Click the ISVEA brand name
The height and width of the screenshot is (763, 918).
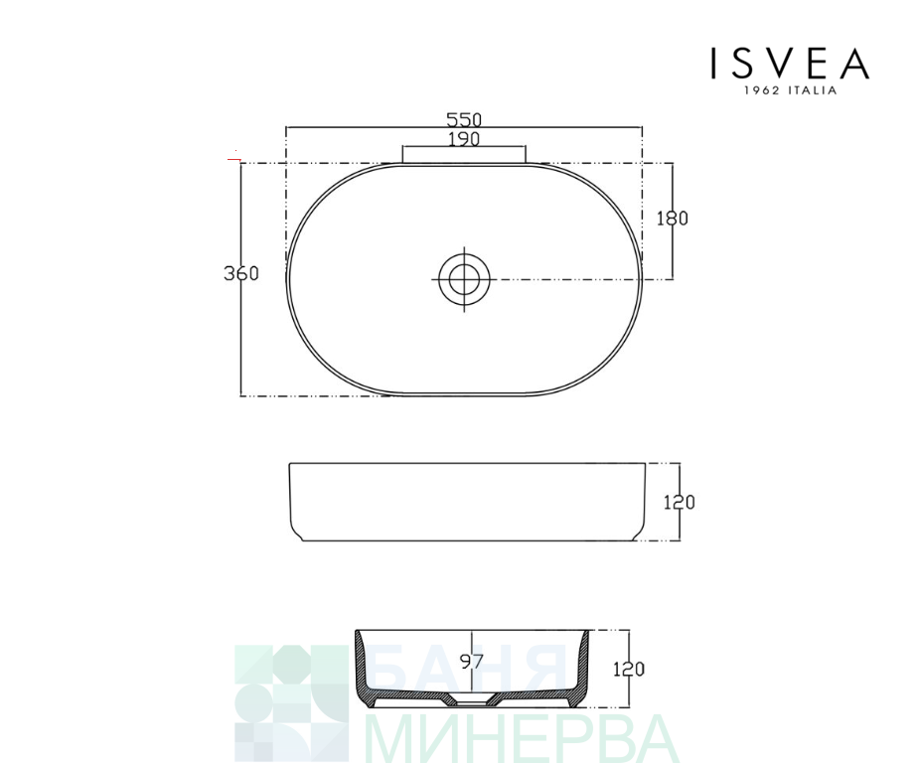point(790,64)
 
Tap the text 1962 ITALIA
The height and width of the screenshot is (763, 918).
point(790,90)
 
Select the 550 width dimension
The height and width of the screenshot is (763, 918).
point(464,119)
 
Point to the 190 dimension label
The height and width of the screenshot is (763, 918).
point(464,139)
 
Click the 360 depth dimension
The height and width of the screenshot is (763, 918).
point(241,273)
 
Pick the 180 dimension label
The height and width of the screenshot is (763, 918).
point(672,219)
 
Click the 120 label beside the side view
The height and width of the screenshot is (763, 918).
point(680,503)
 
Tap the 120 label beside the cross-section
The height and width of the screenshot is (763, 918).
point(629,669)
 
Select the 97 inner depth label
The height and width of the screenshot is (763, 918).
point(472,662)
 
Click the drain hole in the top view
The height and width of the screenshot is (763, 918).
point(464,279)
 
